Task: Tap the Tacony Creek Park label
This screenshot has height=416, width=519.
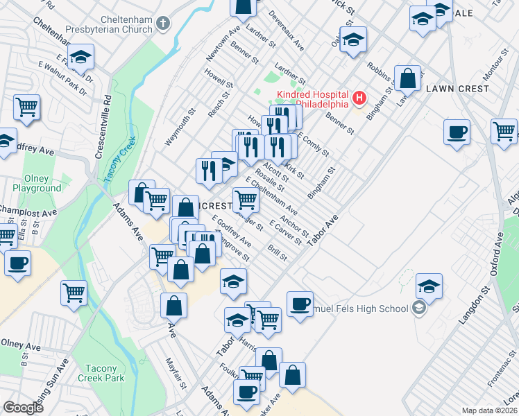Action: (101, 373)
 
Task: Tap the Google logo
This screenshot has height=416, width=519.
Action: (23, 408)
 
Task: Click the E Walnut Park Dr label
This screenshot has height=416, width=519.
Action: (62, 77)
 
